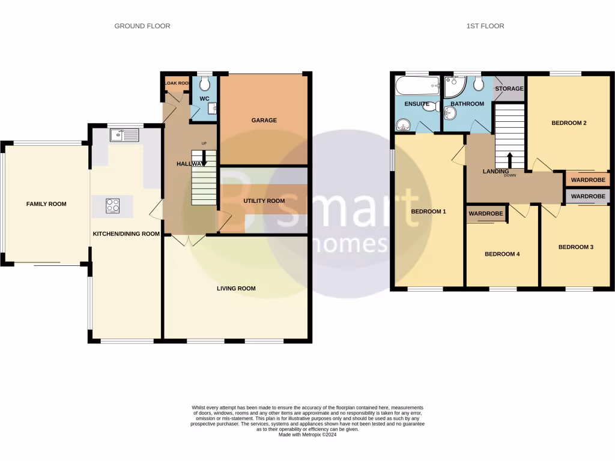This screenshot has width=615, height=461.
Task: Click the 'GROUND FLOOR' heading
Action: coord(142,26)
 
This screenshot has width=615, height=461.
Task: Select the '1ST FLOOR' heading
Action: coord(485,26)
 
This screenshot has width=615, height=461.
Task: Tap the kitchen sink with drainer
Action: coord(124,135)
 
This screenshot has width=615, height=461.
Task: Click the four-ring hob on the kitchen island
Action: coord(112,205)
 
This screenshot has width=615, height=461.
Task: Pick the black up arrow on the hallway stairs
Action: coord(204,158)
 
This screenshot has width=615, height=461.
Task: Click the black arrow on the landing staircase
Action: coord(510,160)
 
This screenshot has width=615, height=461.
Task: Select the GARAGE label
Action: coord(264,120)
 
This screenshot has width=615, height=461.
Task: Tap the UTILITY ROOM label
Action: coord(264,200)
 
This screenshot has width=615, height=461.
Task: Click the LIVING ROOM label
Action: coord(236,288)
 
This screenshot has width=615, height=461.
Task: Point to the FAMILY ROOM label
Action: coord(46,204)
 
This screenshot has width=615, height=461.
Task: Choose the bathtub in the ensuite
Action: coord(417,88)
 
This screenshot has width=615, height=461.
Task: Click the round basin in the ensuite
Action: coord(402,125)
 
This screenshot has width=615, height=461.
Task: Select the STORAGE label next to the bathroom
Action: coord(509,89)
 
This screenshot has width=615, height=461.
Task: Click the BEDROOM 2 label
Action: coord(568,123)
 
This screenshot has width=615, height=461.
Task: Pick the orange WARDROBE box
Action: coord(587,179)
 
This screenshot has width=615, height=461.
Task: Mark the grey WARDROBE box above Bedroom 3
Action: coord(587,196)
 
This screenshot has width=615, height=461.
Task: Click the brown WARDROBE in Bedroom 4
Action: coord(485,213)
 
